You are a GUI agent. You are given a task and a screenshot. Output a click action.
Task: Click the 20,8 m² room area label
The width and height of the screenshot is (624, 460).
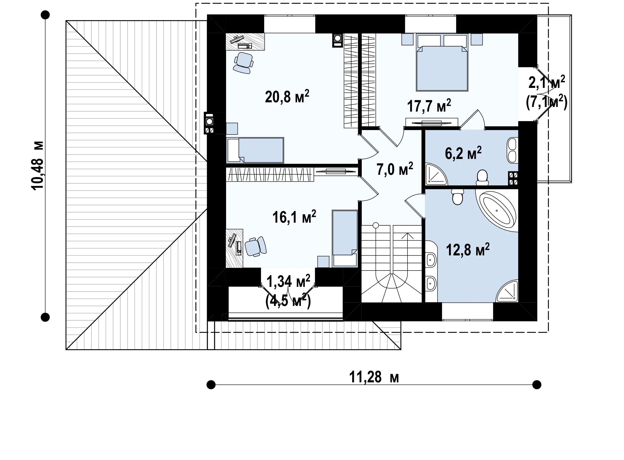pyautogui.click(x=287, y=97)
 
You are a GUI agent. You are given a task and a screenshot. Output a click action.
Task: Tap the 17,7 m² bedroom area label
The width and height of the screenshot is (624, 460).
pyautogui.click(x=429, y=105)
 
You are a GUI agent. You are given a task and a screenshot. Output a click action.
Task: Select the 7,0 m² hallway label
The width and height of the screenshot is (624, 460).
pyautogui.click(x=395, y=169)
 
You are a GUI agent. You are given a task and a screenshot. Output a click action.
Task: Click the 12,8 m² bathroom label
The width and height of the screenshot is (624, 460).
pyautogui.click(x=468, y=250)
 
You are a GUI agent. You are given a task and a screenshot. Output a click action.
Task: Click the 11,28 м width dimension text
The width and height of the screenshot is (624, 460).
pyautogui.click(x=374, y=377)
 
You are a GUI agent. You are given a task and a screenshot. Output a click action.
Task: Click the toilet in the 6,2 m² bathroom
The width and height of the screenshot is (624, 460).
pyautogui.click(x=482, y=178)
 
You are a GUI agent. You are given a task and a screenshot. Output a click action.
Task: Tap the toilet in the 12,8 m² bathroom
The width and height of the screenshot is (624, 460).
pyautogui.click(x=457, y=197)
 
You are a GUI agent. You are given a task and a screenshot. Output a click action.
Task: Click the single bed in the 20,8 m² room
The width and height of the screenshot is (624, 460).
pyautogui.click(x=255, y=150)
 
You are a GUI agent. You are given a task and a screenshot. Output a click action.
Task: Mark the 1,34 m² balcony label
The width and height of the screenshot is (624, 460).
pyautogui.click(x=288, y=282)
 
